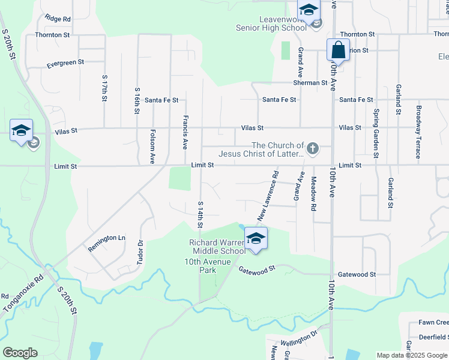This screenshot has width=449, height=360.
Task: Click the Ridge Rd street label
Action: [58, 19]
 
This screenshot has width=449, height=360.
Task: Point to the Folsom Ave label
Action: [153, 147]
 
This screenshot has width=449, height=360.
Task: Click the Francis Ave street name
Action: [185, 132]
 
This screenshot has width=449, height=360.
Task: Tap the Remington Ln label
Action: [107, 238]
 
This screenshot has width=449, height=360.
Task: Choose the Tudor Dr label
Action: [140, 252]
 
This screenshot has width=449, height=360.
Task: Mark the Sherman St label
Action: [310, 83]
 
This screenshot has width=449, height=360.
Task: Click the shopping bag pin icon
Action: [338, 50]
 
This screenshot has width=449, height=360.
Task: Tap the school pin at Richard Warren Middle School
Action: [256, 238]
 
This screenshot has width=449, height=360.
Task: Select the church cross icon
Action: [312, 148]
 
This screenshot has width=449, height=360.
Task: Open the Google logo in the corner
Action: [20, 353]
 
